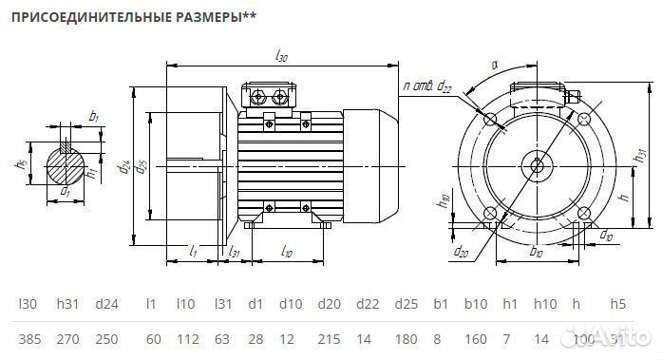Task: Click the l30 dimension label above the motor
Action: pyautogui.click(x=281, y=57)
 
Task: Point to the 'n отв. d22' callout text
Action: pyautogui.click(x=426, y=86)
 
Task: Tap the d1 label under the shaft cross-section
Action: pyautogui.click(x=65, y=192)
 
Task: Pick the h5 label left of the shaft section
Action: pyautogui.click(x=19, y=162)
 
